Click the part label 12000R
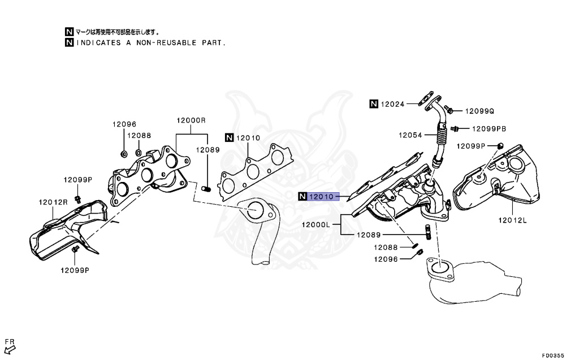[191, 120]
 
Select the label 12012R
[53, 202]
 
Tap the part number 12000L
[316, 224]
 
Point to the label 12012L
[512, 220]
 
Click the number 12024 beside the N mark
[393, 104]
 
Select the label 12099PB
[489, 129]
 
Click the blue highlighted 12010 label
[323, 197]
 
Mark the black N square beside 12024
[374, 104]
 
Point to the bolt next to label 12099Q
[448, 109]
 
